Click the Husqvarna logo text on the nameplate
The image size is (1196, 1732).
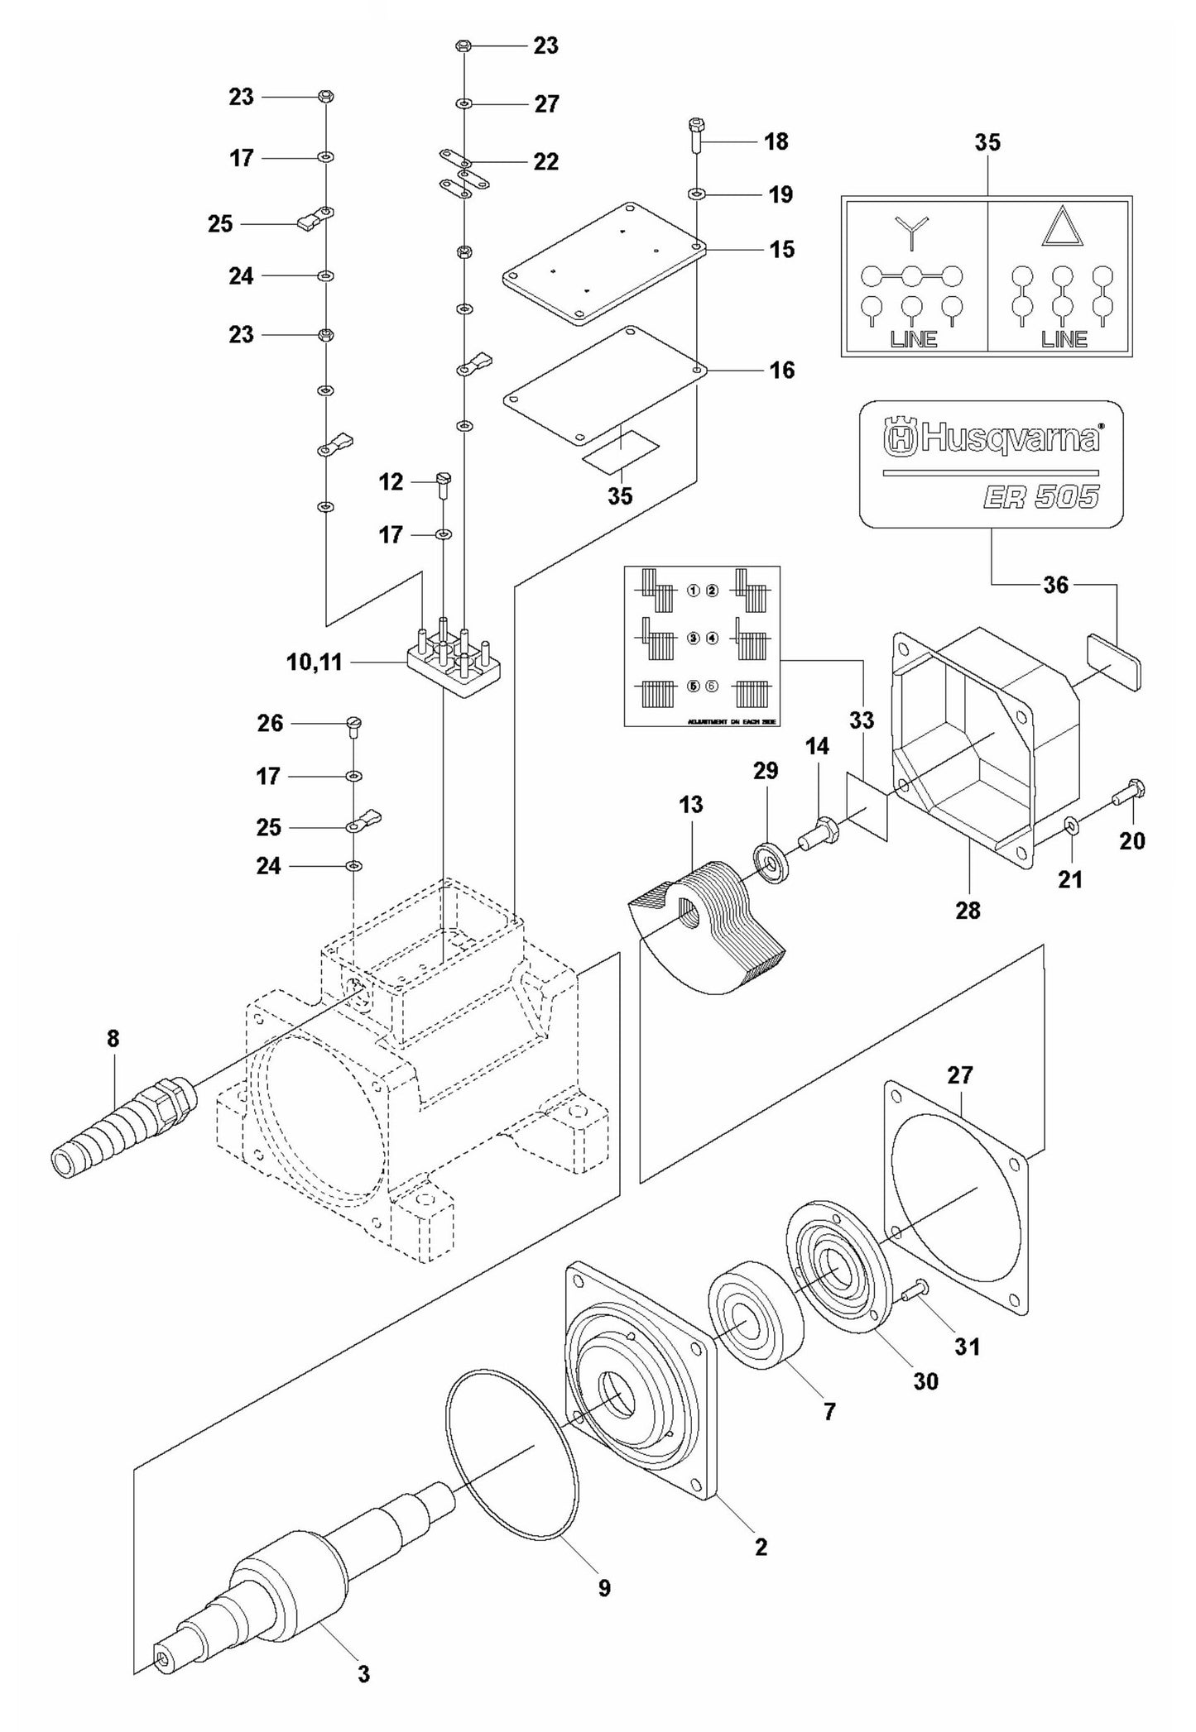[992, 437]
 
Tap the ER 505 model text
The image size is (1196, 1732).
[1040, 497]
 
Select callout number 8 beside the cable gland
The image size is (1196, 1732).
[113, 1038]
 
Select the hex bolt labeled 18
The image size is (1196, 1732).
[696, 137]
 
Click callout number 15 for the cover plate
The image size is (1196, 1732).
[781, 248]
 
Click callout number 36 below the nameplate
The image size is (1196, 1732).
[1055, 585]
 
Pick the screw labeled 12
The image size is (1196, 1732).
[444, 482]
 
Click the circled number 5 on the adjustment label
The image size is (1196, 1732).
[694, 686]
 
